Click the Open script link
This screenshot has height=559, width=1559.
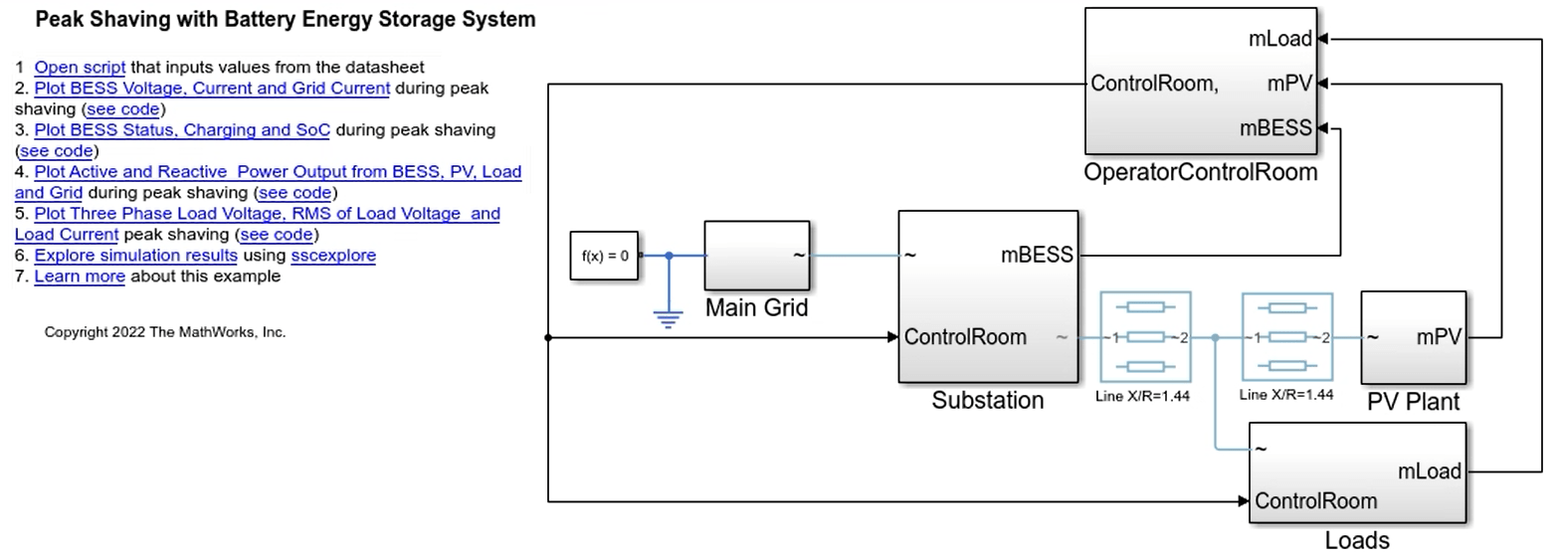click(80, 68)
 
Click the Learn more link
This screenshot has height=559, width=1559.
click(80, 277)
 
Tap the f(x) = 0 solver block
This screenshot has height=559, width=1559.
click(604, 256)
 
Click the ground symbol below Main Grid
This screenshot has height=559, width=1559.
click(668, 318)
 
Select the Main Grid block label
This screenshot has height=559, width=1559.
click(756, 308)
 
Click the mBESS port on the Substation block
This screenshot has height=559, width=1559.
click(1037, 256)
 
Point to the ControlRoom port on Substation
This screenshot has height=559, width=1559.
click(964, 337)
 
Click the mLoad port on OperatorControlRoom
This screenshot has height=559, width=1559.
click(1279, 39)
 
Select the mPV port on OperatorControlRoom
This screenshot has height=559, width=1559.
click(1289, 84)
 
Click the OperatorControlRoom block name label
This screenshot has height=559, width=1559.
click(1200, 172)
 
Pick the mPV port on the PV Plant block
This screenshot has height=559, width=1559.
click(1439, 337)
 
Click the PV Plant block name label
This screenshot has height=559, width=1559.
click(1413, 402)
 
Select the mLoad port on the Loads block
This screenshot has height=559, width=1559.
click(1429, 471)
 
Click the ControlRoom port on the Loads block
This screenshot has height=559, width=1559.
click(1315, 501)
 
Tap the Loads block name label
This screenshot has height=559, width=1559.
click(1357, 541)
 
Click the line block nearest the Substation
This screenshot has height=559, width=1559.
click(1144, 337)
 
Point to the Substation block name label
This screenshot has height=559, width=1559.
click(987, 401)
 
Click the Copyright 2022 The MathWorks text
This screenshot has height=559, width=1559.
click(165, 332)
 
